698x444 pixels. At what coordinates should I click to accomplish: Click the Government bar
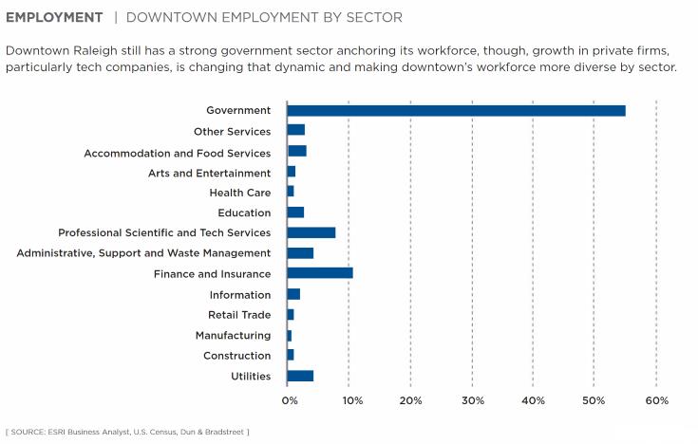pyautogui.click(x=456, y=111)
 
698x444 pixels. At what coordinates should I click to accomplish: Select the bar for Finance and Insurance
pyautogui.click(x=320, y=273)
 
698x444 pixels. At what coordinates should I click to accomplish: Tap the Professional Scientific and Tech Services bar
pyautogui.click(x=311, y=232)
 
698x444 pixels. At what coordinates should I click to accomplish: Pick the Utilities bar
pyautogui.click(x=300, y=376)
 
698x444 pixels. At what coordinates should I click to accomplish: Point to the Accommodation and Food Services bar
pyautogui.click(x=296, y=152)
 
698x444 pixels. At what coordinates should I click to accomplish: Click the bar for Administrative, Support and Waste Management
pyautogui.click(x=300, y=253)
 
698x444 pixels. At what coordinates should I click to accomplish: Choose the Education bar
pyautogui.click(x=295, y=213)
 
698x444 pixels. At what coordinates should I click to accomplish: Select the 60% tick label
pyautogui.click(x=656, y=400)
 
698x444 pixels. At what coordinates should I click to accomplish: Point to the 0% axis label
pyautogui.click(x=291, y=400)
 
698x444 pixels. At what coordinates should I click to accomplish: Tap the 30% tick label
pyautogui.click(x=472, y=400)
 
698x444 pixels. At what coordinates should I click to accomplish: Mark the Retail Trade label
pyautogui.click(x=239, y=315)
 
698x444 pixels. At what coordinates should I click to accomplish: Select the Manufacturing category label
pyautogui.click(x=233, y=336)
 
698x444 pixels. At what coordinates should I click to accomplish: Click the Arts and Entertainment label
pyautogui.click(x=209, y=173)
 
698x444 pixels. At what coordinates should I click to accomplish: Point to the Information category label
pyautogui.click(x=239, y=295)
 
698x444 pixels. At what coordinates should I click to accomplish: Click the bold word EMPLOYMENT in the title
pyautogui.click(x=54, y=18)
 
